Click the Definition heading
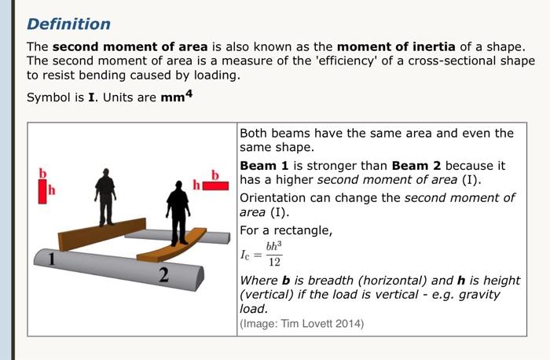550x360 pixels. [69, 24]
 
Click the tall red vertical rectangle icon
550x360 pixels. [43, 190]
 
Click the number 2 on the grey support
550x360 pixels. [164, 275]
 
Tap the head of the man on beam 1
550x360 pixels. [105, 173]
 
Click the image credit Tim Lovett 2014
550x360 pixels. [302, 323]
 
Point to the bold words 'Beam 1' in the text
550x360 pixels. [258, 166]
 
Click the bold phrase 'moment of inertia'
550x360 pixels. [392, 46]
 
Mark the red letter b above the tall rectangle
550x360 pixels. [44, 172]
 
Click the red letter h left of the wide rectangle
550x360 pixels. [197, 185]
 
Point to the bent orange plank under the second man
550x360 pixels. [173, 249]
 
